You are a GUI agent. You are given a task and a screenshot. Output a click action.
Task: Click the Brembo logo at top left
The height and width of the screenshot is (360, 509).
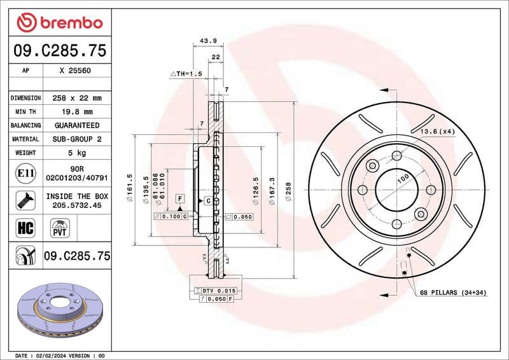[x=59, y=22]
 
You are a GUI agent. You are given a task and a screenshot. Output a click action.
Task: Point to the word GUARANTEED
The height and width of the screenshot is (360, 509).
[x=76, y=125]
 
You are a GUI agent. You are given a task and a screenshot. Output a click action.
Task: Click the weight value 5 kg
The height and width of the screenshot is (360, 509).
[x=77, y=153]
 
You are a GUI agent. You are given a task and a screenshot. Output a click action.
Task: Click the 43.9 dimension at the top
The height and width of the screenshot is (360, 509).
[x=209, y=41]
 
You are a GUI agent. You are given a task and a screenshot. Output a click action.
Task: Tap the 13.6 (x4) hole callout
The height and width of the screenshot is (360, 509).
[x=437, y=131]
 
